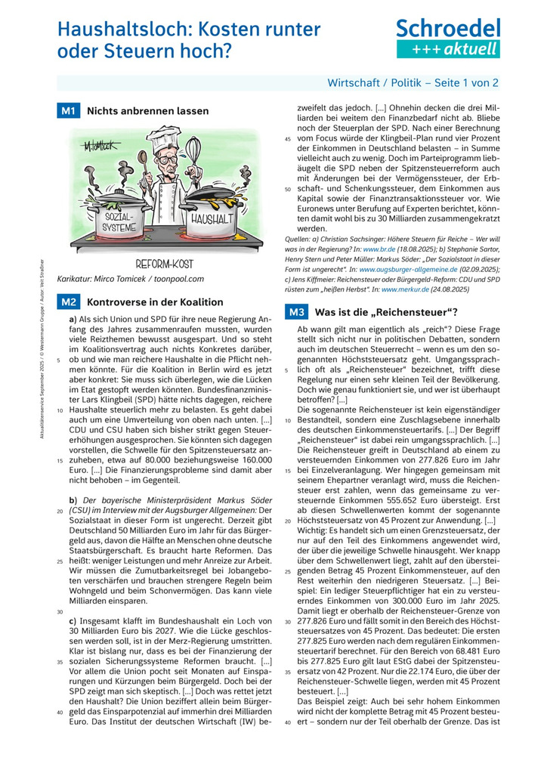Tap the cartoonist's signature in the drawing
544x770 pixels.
click(x=97, y=144)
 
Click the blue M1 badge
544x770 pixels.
click(x=69, y=111)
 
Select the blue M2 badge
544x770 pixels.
click(x=69, y=302)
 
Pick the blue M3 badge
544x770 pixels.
click(x=295, y=311)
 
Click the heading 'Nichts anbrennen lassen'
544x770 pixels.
click(x=148, y=111)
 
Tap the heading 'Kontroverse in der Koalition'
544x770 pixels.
click(x=156, y=302)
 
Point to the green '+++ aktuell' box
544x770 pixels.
click(x=448, y=49)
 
